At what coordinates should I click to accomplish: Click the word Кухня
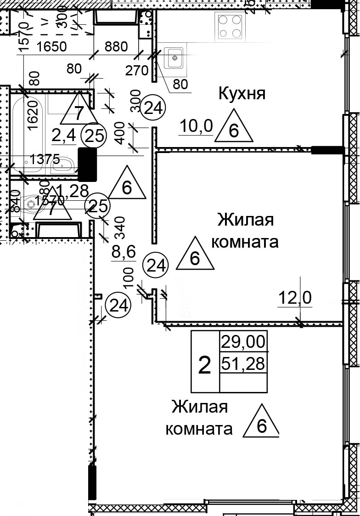(x=242, y=94)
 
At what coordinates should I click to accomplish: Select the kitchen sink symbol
(x=174, y=58)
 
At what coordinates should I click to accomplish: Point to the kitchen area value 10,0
(x=196, y=126)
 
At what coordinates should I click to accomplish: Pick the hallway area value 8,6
(x=124, y=252)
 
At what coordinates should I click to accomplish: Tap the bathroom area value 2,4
(x=63, y=136)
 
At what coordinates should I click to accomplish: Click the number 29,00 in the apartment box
(x=243, y=342)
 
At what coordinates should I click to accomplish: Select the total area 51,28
(x=243, y=363)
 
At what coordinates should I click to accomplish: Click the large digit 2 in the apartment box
(x=204, y=365)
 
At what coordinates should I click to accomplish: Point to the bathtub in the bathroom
(x=28, y=131)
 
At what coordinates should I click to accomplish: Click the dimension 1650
(x=52, y=46)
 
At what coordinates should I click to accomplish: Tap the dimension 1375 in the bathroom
(x=45, y=159)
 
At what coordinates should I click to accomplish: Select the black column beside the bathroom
(x=88, y=164)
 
